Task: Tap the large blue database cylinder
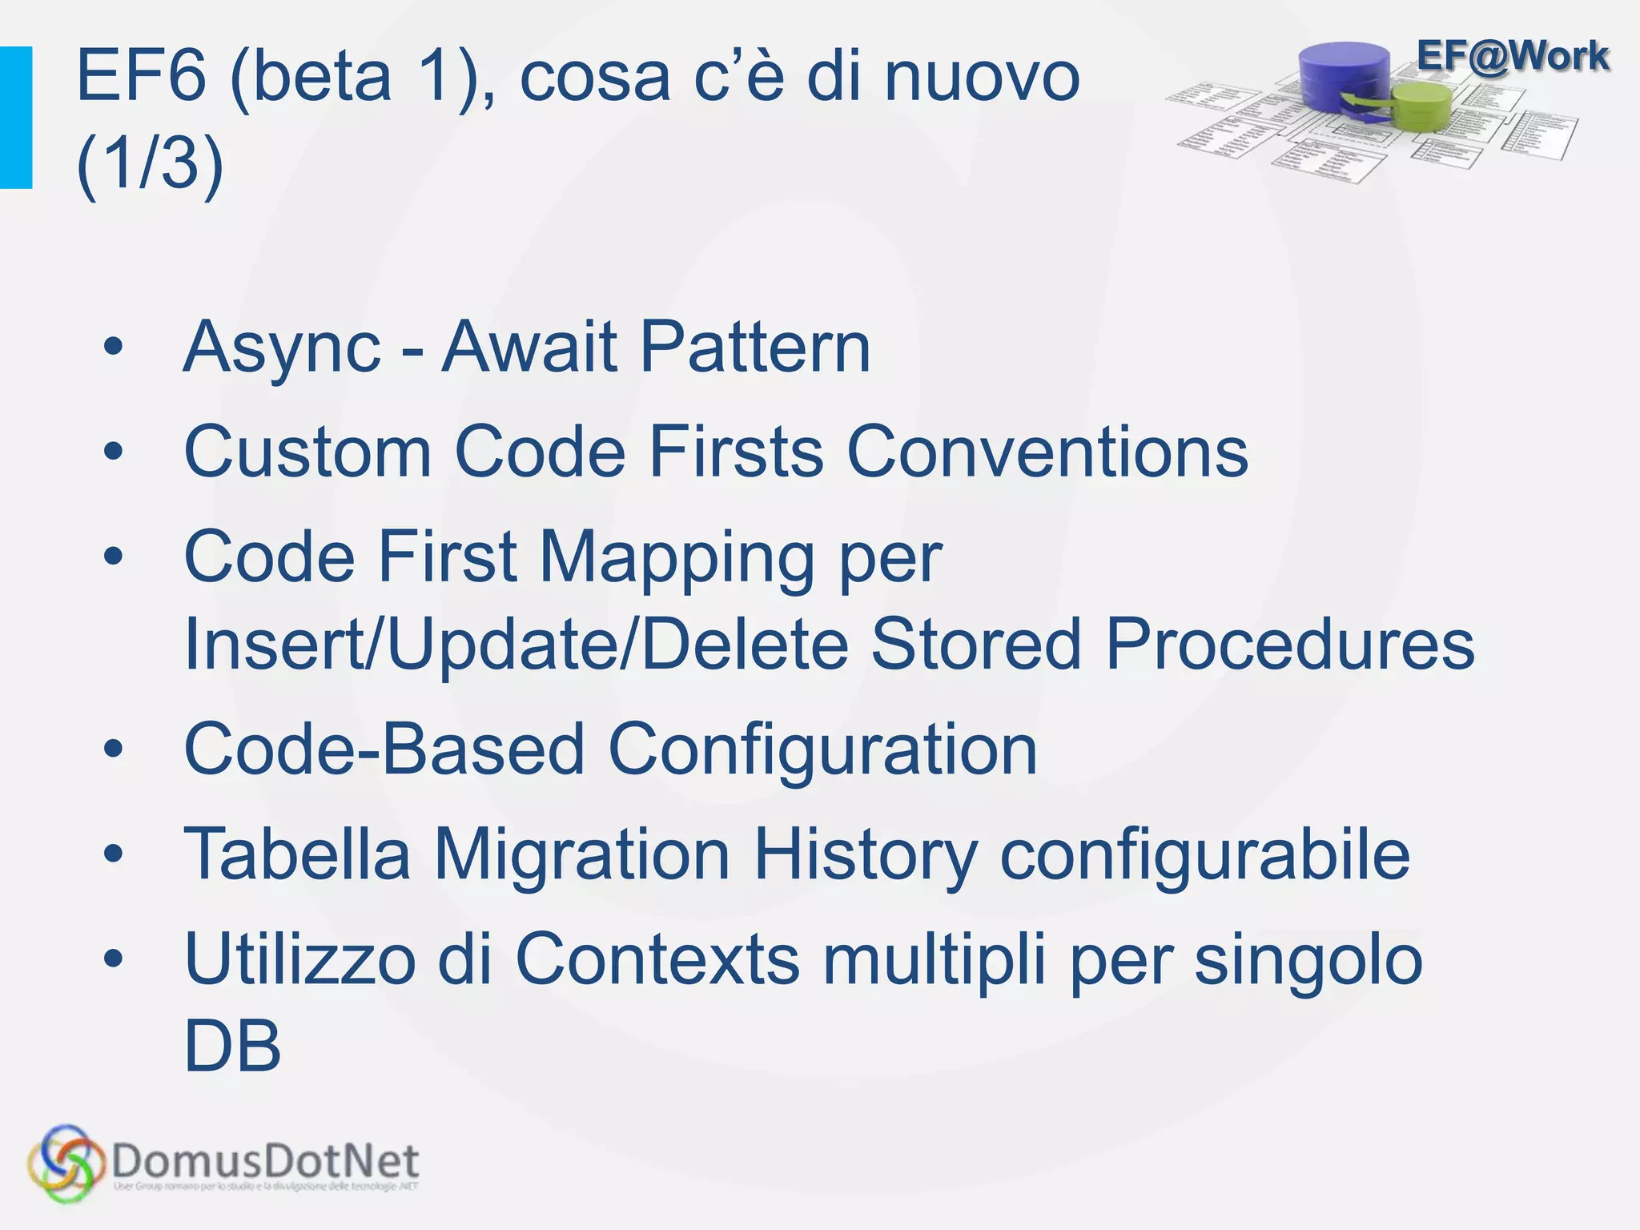click(1346, 80)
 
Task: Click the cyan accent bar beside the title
click(15, 118)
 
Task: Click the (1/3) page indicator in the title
click(150, 164)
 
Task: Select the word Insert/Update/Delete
click(517, 645)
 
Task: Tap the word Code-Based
click(384, 750)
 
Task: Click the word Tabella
click(297, 854)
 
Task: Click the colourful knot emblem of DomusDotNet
click(66, 1163)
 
